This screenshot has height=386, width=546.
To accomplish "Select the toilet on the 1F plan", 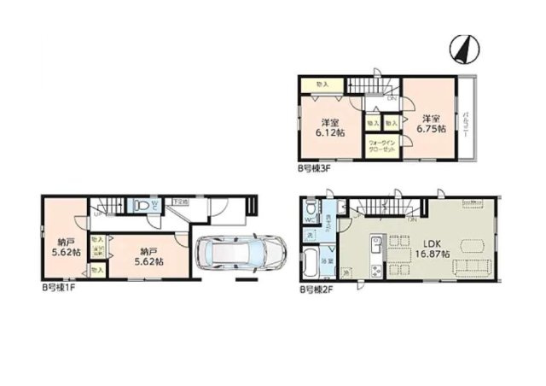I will (141, 205).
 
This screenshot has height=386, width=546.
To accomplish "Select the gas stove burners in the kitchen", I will (376, 272).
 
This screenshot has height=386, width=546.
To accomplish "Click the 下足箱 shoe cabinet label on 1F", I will (178, 202).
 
